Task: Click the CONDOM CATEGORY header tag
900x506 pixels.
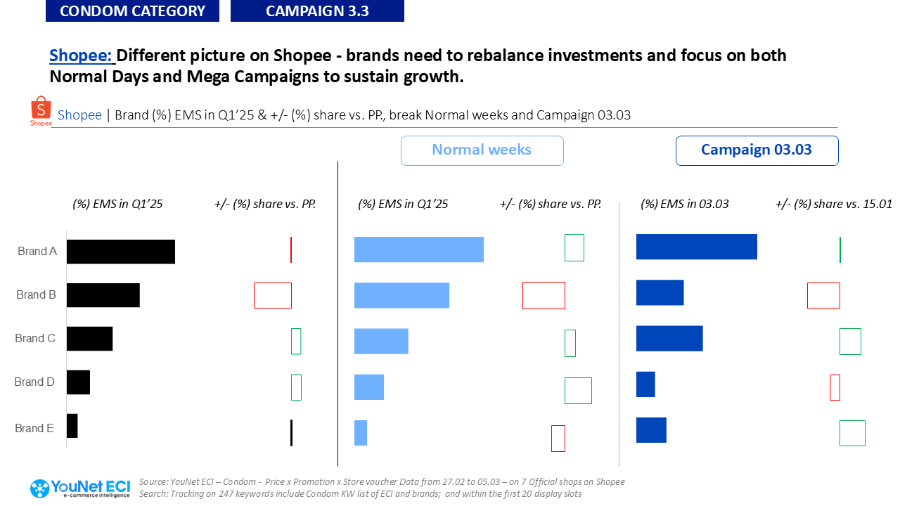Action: [x=132, y=11]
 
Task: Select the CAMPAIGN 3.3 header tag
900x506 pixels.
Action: [x=317, y=11]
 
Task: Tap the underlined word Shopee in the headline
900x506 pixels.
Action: [x=81, y=55]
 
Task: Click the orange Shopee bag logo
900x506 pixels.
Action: [x=41, y=110]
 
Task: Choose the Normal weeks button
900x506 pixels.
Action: [x=482, y=150]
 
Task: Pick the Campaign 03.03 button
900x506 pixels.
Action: [x=757, y=150]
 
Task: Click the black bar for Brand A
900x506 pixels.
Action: [x=121, y=252]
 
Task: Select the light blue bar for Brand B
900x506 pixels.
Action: [x=401, y=295]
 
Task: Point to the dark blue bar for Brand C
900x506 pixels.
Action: [x=669, y=338]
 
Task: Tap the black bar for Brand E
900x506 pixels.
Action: [x=72, y=426]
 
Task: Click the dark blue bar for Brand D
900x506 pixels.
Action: [x=645, y=384]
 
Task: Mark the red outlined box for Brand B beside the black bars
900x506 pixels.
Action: [x=273, y=295]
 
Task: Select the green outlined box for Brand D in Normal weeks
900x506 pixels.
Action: [x=578, y=391]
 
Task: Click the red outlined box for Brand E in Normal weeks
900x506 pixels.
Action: [x=558, y=439]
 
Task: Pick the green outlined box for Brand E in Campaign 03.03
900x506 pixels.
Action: [x=852, y=433]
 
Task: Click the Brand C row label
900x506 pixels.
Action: [x=35, y=339]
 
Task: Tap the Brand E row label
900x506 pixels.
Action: [x=34, y=428]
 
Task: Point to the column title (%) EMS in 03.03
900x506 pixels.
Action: [x=685, y=205]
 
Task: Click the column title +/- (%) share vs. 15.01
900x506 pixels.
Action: [x=834, y=205]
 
